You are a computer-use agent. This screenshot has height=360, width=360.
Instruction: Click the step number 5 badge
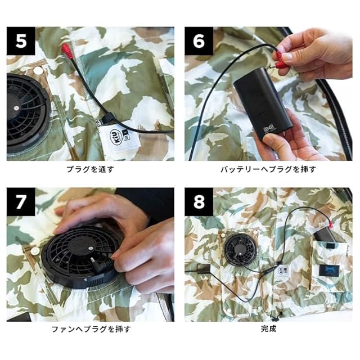[x=21, y=41]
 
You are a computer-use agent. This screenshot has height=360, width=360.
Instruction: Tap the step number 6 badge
[x=199, y=41]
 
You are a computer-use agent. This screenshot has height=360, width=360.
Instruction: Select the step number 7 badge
[x=21, y=202]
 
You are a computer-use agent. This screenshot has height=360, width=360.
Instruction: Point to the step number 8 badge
[x=199, y=202]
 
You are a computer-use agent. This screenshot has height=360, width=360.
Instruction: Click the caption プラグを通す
[x=91, y=169]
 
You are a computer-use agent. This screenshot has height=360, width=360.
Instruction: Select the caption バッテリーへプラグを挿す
[x=268, y=169]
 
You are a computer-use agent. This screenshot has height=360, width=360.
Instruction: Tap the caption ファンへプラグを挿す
[x=91, y=329]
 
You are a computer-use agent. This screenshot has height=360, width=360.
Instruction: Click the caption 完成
[x=268, y=328]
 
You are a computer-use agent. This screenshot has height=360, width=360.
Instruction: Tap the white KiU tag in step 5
[x=121, y=136]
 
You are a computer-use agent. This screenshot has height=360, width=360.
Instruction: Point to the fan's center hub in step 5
[x=16, y=108]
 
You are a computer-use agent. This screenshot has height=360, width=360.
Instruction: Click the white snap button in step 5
[x=38, y=70]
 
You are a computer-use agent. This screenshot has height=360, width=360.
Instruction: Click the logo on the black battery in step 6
[x=269, y=129]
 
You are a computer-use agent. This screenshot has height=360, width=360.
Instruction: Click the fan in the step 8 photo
[x=240, y=249]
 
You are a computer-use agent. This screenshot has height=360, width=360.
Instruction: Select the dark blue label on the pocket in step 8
[x=329, y=271]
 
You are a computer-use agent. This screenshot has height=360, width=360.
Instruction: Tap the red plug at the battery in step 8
[x=331, y=225]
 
